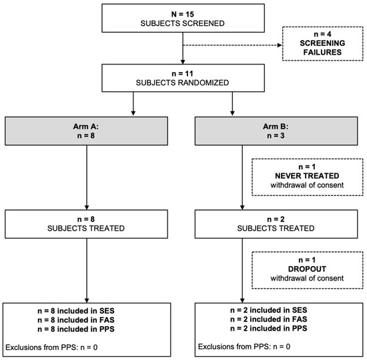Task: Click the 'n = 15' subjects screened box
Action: [183, 19]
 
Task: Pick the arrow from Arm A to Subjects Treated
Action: [88, 177]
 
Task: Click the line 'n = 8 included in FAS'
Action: [88, 320]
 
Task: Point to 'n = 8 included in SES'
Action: [88, 311]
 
